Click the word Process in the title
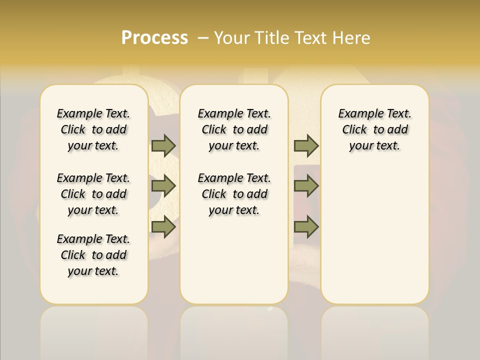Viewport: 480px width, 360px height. (x=154, y=38)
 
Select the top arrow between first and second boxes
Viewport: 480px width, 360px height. (x=163, y=145)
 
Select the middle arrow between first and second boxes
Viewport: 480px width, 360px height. (x=163, y=186)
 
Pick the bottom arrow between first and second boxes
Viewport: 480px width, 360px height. (x=163, y=227)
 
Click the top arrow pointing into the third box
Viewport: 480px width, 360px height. (x=306, y=145)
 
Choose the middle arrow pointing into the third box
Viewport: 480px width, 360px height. (x=306, y=186)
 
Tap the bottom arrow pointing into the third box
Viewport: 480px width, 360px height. (x=306, y=227)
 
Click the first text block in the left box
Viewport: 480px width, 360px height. (x=93, y=129)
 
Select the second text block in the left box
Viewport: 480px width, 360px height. (x=93, y=194)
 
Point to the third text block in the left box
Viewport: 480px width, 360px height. (x=93, y=255)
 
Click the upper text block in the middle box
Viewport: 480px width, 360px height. (x=234, y=129)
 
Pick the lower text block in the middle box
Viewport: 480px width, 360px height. (x=234, y=194)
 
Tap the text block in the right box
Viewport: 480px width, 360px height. (x=375, y=129)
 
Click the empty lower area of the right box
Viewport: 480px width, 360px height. (x=375, y=235)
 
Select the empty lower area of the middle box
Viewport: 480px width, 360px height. (x=234, y=260)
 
